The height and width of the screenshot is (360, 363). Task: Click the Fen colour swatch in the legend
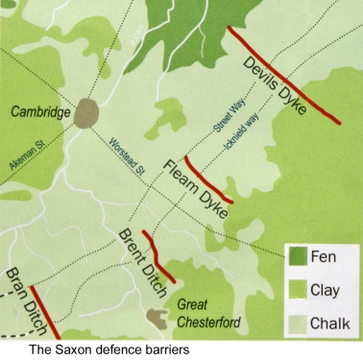pyautogui.click(x=303, y=258)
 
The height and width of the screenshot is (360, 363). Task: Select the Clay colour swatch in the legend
pyautogui.click(x=303, y=290)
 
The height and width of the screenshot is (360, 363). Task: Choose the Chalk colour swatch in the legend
pyautogui.click(x=303, y=322)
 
